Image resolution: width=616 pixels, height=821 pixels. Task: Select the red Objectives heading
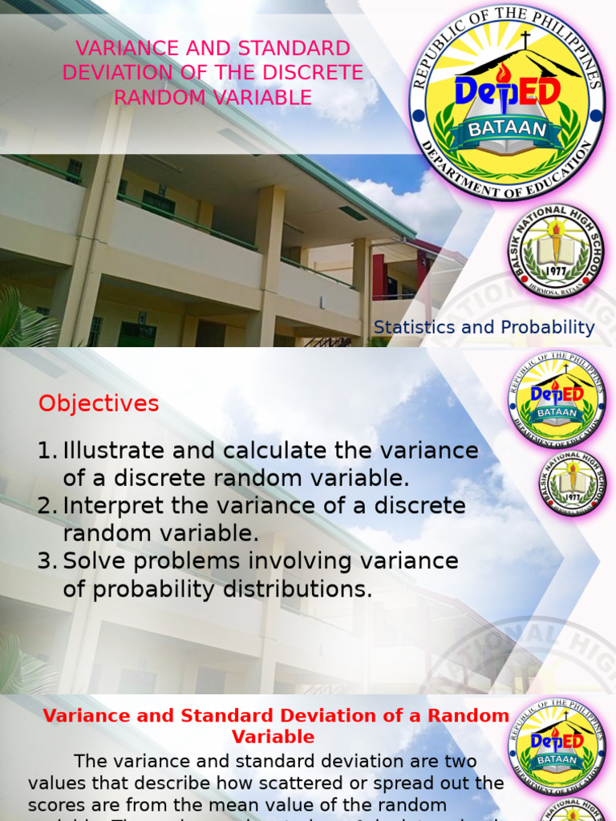(x=99, y=403)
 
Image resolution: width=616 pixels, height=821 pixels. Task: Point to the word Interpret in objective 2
(x=108, y=506)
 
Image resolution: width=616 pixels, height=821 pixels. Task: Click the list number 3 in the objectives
(x=45, y=561)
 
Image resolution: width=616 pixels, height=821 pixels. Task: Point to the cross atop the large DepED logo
(x=526, y=40)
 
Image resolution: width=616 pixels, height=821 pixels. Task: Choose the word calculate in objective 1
(x=272, y=451)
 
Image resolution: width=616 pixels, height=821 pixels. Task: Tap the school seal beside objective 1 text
(x=572, y=482)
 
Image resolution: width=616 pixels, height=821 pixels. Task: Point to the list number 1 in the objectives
(x=45, y=451)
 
